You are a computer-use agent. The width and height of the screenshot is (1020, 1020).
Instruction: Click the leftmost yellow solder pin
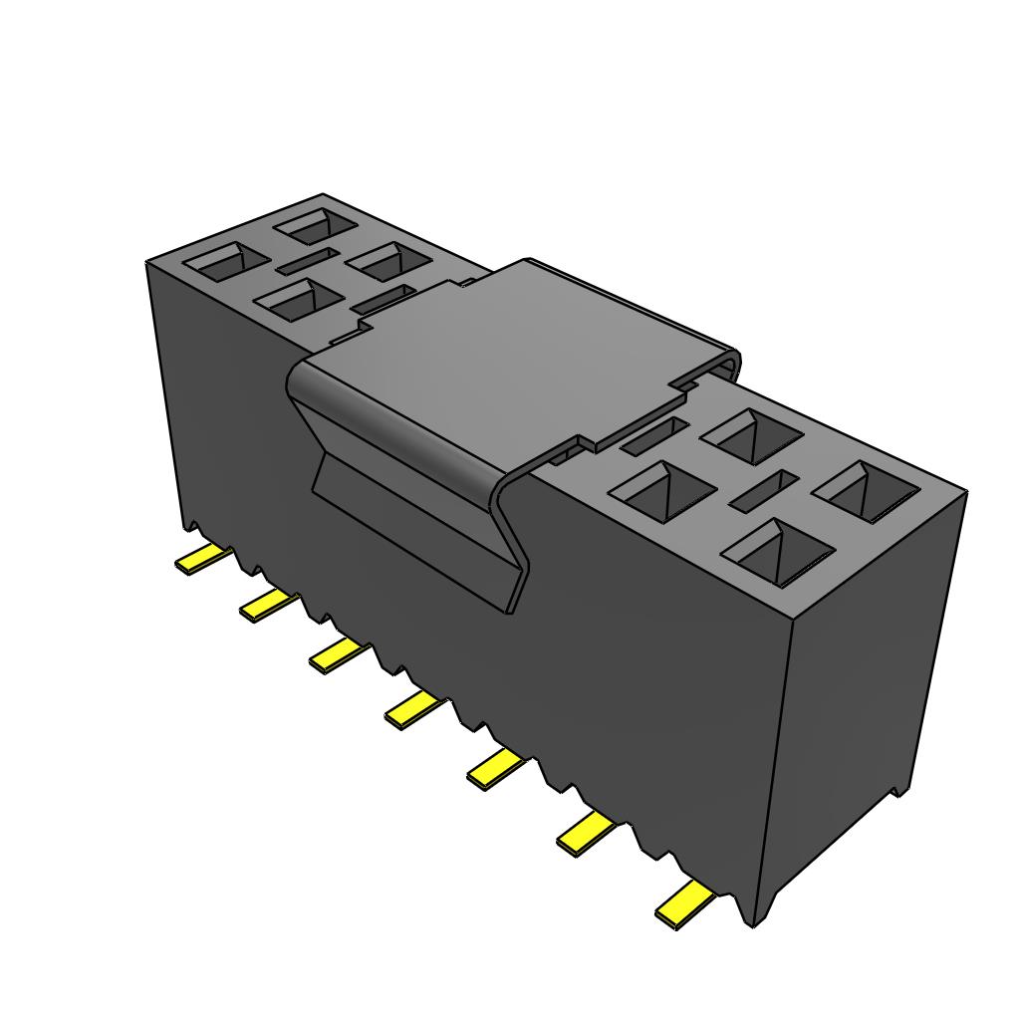(202, 560)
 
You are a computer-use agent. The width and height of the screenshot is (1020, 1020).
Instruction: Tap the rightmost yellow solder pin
(684, 904)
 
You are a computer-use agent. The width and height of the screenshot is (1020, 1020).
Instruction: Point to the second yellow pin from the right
(586, 834)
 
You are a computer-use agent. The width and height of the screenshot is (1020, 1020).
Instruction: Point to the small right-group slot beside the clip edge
(653, 435)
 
